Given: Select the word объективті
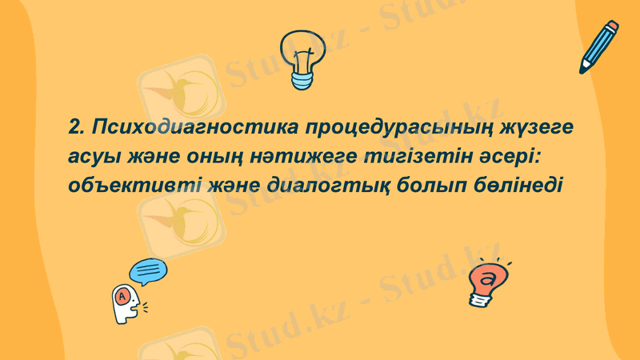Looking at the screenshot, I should point(132,186).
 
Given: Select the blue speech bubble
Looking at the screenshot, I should point(148,272).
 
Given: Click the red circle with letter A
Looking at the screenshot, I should point(122,297).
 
